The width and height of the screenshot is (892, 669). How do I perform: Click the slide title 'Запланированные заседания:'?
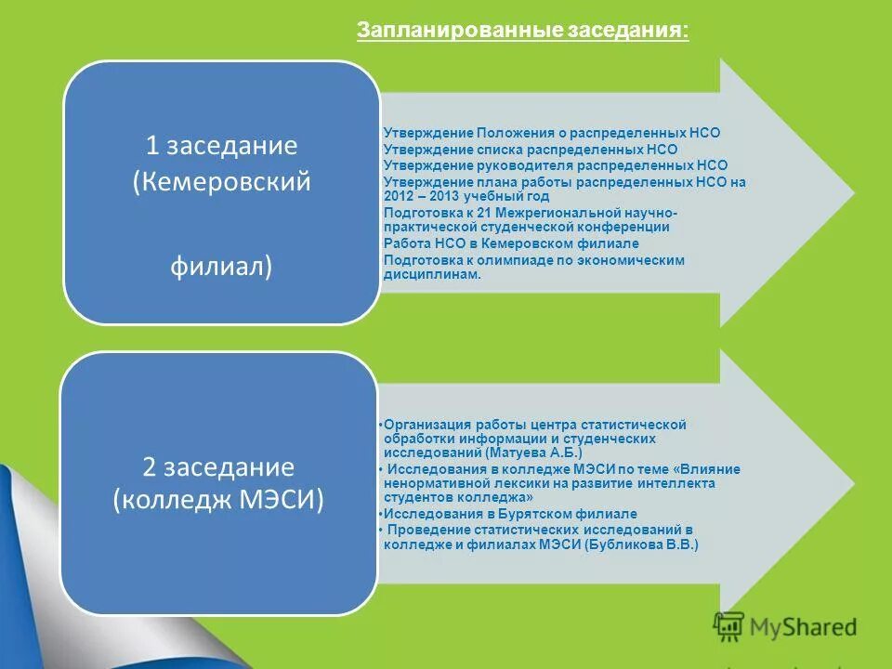point(523,31)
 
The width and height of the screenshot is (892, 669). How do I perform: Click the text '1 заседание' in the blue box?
point(221,146)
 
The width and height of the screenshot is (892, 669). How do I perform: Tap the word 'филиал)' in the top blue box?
point(221,267)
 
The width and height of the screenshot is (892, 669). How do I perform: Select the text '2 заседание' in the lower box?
point(219,466)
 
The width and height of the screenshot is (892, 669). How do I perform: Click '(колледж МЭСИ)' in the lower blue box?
point(219,500)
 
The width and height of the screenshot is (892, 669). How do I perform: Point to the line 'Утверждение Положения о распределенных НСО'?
point(552,133)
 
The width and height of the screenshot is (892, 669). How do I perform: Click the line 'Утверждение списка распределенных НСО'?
point(531,149)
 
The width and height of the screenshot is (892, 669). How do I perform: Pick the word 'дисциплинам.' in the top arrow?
point(433,275)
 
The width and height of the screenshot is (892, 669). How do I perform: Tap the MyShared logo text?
point(805,628)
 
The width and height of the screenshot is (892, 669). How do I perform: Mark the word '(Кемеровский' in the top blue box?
point(221,181)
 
